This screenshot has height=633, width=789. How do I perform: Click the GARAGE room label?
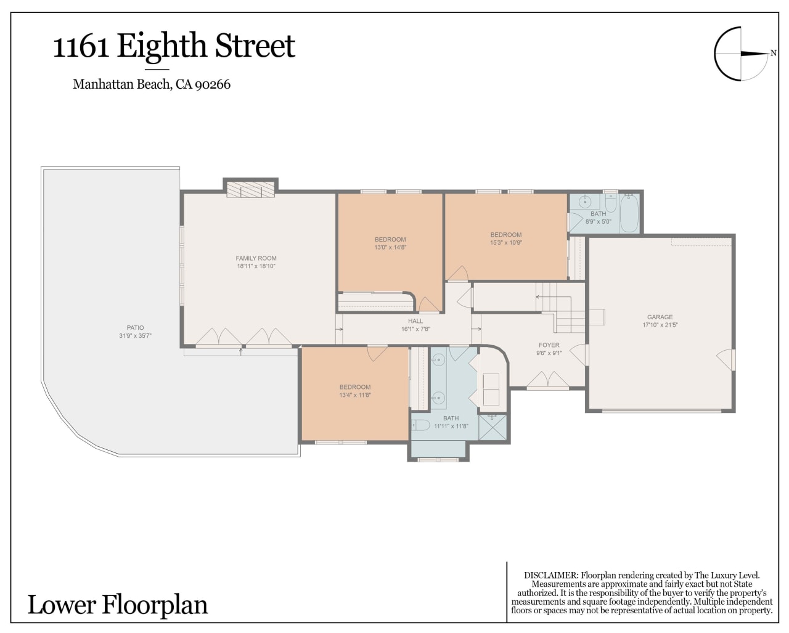(660, 317)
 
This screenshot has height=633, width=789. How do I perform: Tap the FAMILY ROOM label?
(256, 258)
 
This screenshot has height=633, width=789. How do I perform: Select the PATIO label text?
(135, 327)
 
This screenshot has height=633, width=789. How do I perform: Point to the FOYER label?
(549, 345)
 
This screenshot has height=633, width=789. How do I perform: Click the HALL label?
(415, 321)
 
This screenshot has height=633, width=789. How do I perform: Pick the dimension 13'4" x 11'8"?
(355, 395)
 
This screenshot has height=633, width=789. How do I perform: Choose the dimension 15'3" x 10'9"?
(506, 242)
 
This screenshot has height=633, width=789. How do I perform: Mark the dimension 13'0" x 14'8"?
(390, 247)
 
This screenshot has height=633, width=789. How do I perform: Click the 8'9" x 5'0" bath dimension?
(598, 221)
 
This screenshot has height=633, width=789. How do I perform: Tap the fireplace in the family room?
(250, 190)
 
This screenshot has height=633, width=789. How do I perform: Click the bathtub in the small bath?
(629, 213)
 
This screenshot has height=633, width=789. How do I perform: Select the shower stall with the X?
(493, 427)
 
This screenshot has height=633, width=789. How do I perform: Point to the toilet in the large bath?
(420, 425)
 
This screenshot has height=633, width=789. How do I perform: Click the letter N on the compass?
(773, 53)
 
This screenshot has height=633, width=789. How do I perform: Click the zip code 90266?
(213, 84)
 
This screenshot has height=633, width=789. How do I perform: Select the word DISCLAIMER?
(550, 575)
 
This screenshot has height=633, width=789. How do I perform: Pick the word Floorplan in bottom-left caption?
(155, 605)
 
